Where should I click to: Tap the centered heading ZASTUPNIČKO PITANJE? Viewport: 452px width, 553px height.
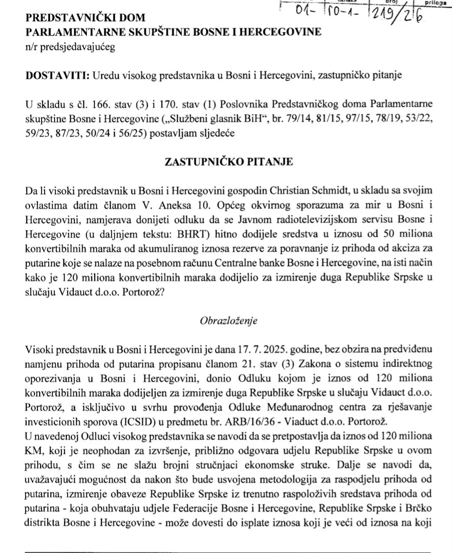pos(229,162)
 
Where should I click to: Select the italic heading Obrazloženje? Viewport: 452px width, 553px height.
pos(229,321)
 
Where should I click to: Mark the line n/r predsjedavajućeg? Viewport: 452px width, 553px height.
pos(70,47)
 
